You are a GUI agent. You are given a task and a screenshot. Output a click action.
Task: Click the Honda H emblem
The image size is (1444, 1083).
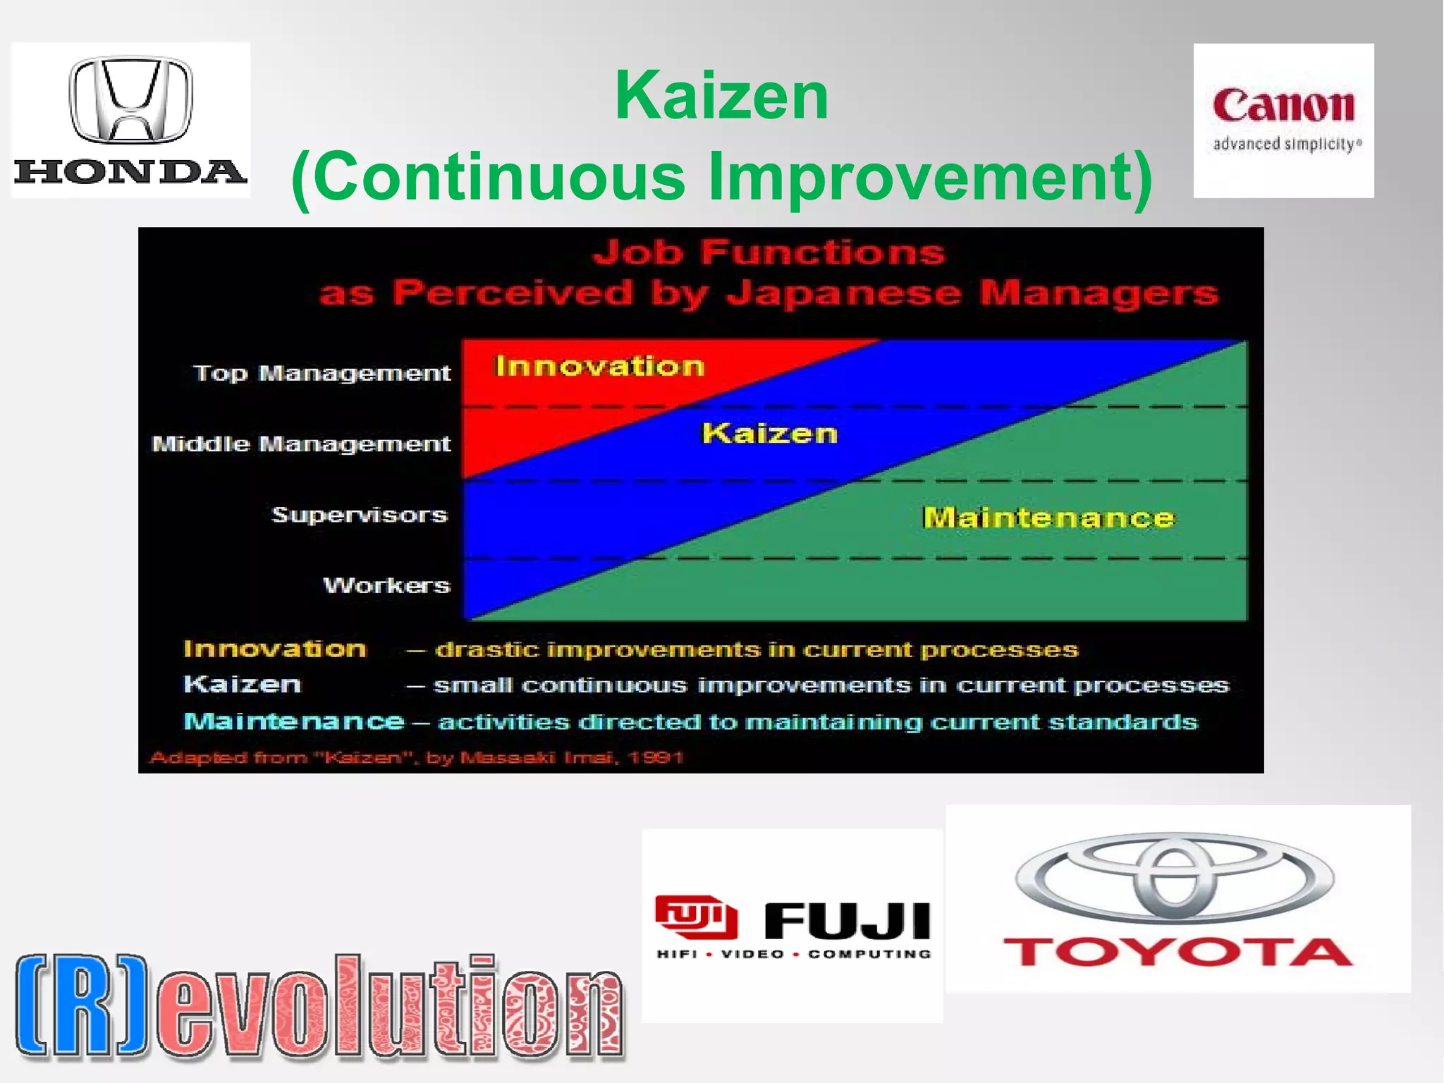[x=130, y=99]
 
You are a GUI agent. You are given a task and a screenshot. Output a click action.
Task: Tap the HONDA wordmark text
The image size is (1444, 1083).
[x=130, y=171]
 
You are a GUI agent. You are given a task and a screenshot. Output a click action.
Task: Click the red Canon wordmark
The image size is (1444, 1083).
[x=1283, y=106]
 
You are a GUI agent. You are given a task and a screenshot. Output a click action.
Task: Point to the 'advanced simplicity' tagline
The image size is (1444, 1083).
[x=1287, y=144]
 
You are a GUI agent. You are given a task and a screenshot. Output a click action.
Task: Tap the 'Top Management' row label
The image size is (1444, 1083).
[x=322, y=372]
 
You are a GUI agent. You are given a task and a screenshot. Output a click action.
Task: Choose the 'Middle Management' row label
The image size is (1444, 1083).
[x=301, y=443]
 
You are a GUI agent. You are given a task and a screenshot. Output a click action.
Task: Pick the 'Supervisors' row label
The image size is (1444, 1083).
[x=360, y=515]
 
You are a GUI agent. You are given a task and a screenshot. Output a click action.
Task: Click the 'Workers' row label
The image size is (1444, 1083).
[x=386, y=585]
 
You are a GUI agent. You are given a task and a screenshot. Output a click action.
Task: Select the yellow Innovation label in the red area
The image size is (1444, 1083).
[x=599, y=366]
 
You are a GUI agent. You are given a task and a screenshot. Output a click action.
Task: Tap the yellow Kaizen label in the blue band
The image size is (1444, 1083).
[x=769, y=433]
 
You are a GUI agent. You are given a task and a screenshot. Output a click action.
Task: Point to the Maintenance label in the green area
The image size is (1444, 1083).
[x=1048, y=518]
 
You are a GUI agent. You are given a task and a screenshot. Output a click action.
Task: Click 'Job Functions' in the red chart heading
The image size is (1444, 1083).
[x=769, y=252]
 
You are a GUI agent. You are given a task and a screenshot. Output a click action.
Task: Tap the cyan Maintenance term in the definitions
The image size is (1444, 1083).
[x=294, y=721]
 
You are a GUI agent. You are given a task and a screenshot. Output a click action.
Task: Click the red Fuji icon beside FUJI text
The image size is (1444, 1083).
[x=696, y=917]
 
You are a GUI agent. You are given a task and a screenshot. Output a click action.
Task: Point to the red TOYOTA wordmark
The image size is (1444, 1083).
[x=1177, y=953]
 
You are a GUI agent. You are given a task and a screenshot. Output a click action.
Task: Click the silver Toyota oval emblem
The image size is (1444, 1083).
[x=1175, y=878]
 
